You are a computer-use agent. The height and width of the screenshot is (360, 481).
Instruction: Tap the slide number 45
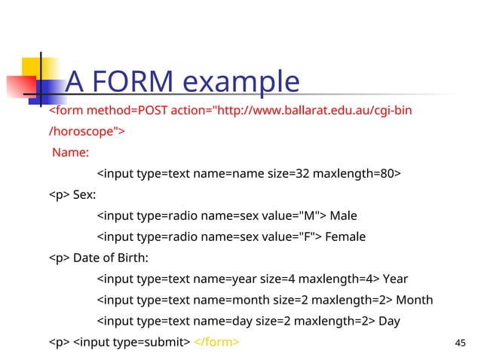tap(461, 343)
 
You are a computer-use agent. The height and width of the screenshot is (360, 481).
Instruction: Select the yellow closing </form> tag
tap(217, 343)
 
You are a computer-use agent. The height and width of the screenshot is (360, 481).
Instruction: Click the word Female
tap(345, 237)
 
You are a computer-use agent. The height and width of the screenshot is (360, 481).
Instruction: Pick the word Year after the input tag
tap(397, 279)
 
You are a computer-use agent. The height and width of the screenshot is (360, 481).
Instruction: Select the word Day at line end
tap(389, 322)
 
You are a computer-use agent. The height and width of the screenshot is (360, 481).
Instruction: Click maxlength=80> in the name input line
tap(357, 175)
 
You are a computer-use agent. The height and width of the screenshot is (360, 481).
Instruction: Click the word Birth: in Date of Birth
tap(133, 258)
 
